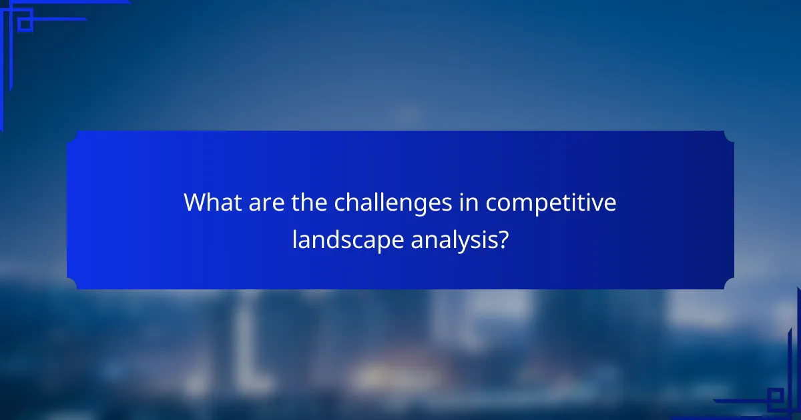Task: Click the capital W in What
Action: [196, 202]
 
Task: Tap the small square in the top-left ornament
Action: [25, 24]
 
